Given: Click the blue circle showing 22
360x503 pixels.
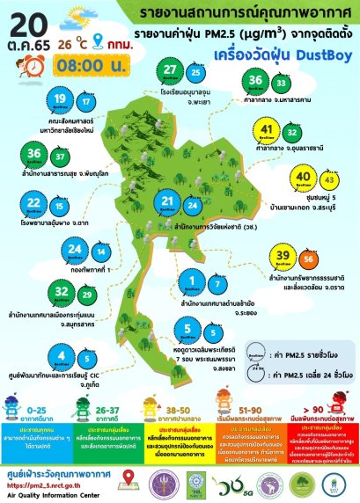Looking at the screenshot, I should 34,204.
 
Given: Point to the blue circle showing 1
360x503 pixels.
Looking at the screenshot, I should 192,281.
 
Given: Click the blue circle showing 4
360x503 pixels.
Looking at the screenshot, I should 36,356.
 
